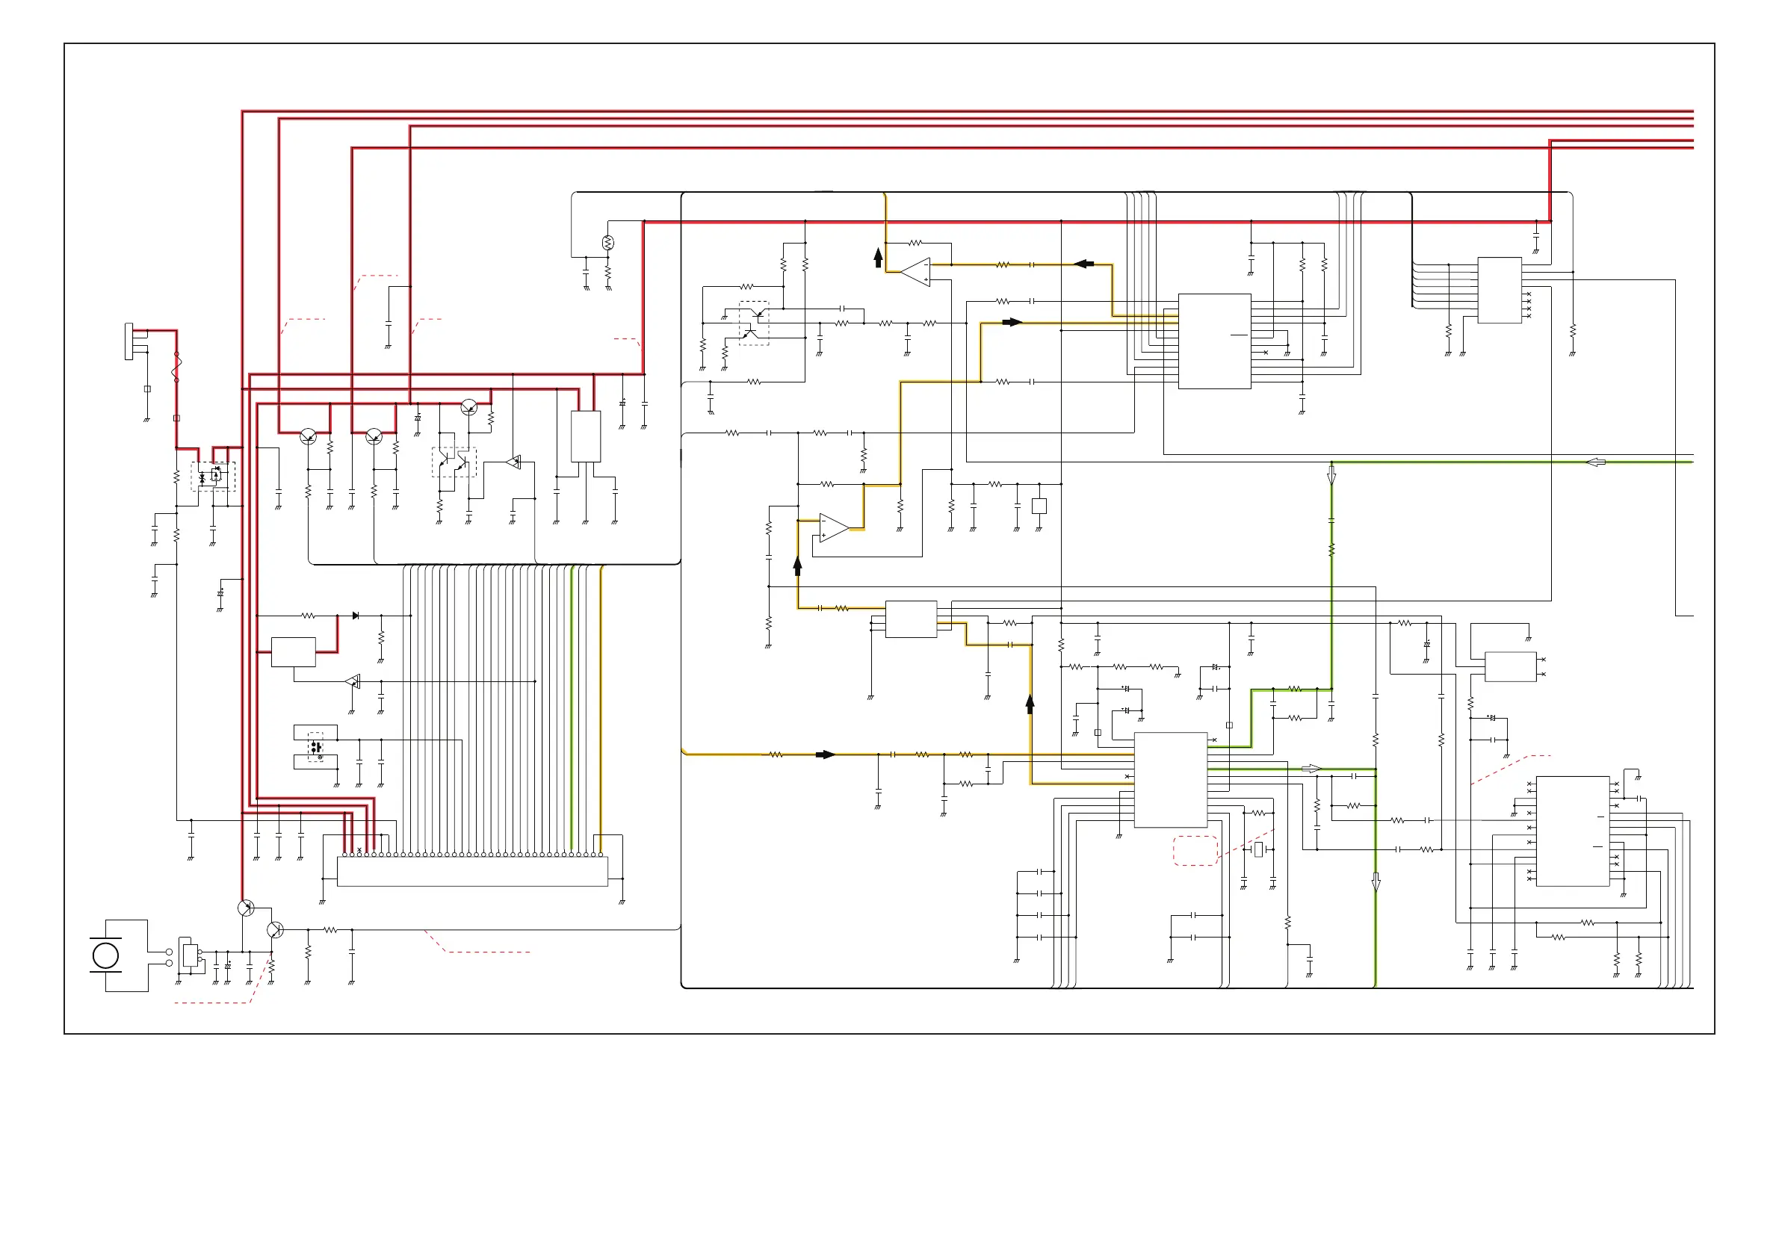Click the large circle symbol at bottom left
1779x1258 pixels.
(105, 955)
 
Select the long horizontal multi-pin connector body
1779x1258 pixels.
(472, 872)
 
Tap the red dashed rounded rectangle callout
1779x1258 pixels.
(1195, 851)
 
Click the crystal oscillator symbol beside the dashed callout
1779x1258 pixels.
(1258, 850)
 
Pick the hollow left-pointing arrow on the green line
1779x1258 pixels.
(1595, 462)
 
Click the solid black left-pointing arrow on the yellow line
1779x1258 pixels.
(1084, 264)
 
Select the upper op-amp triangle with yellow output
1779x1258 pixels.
(917, 272)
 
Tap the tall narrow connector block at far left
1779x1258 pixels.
(129, 341)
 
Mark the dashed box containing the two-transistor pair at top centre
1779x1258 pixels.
(754, 323)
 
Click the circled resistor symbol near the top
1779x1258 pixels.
(608, 244)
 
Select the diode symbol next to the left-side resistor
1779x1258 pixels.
(356, 616)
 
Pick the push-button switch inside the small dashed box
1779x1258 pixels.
(315, 748)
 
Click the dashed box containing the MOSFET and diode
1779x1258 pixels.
(213, 477)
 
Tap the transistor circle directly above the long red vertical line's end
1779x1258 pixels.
(246, 908)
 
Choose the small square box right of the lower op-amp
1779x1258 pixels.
(1039, 506)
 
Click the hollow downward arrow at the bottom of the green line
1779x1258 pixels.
(1376, 882)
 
